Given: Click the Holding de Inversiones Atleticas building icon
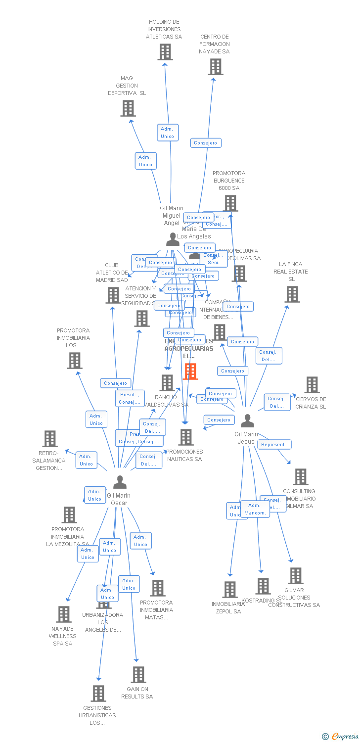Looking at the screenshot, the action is (165, 52).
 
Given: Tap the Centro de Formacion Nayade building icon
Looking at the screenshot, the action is (216, 67).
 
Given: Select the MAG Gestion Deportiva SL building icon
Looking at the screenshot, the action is (128, 108).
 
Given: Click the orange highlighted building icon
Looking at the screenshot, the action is (190, 371).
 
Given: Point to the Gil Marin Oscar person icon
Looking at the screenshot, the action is (120, 482).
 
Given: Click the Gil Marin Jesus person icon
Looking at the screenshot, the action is (247, 421).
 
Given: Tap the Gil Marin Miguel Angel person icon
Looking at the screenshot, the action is (173, 239).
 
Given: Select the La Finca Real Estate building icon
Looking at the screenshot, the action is (292, 294).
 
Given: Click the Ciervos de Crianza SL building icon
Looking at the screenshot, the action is (312, 385).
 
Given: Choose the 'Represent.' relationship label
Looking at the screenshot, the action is (274, 444).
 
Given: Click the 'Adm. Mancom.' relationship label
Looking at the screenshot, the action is (255, 509).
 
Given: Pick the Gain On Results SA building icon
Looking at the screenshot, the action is (138, 675).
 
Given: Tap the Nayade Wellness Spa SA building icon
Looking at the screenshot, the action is (64, 614).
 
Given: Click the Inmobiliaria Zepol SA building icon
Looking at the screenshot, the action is (230, 590).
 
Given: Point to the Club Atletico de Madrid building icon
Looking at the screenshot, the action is (113, 295).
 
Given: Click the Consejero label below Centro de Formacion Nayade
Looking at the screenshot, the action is (206, 143).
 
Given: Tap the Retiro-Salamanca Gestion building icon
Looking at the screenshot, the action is (50, 439).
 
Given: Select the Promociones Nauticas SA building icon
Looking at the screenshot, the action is (186, 437).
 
